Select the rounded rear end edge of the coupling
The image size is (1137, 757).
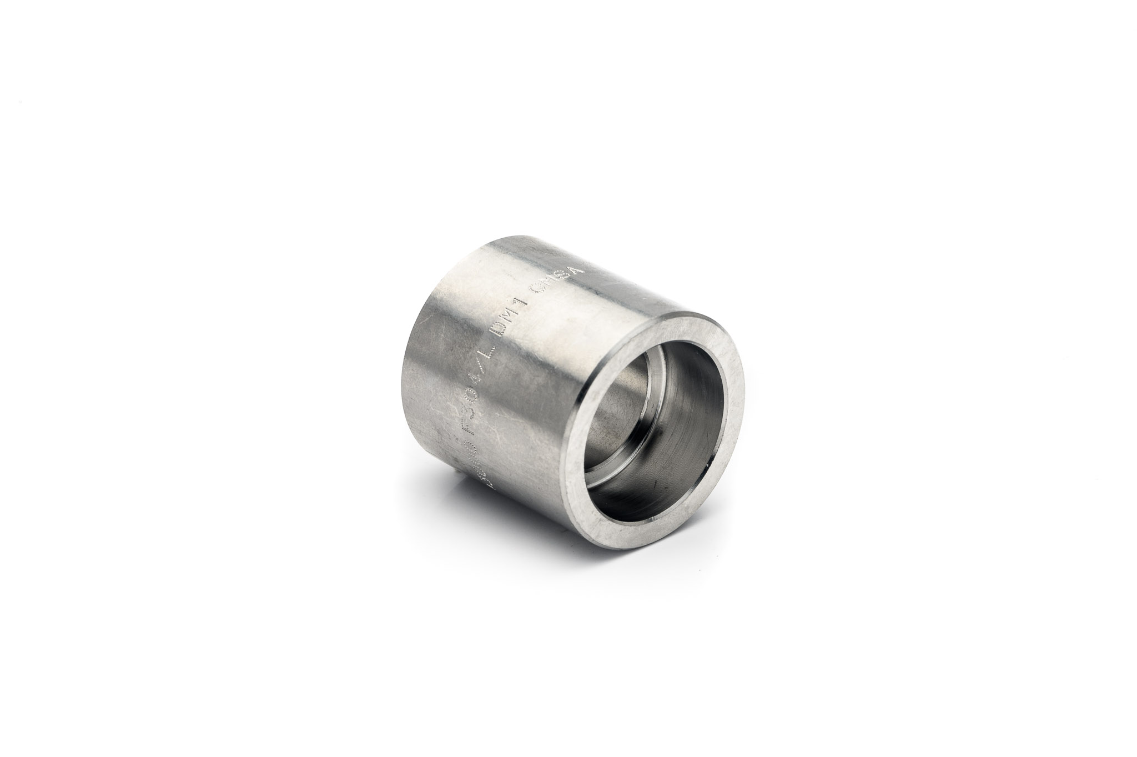(414, 355)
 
